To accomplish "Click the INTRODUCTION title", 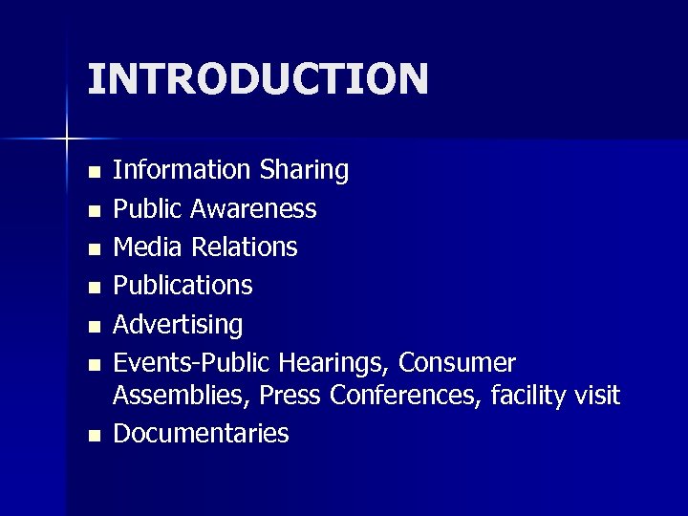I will coord(258,78).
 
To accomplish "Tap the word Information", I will coord(182,170).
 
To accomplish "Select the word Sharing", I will coord(304,170).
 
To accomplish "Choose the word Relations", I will coord(245,247).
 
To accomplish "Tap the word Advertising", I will coord(179,325).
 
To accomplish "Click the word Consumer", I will coord(458,364).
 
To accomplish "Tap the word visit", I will coord(597,394).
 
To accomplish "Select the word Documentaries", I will coord(202,434).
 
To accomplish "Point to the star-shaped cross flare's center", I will coord(67,140).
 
